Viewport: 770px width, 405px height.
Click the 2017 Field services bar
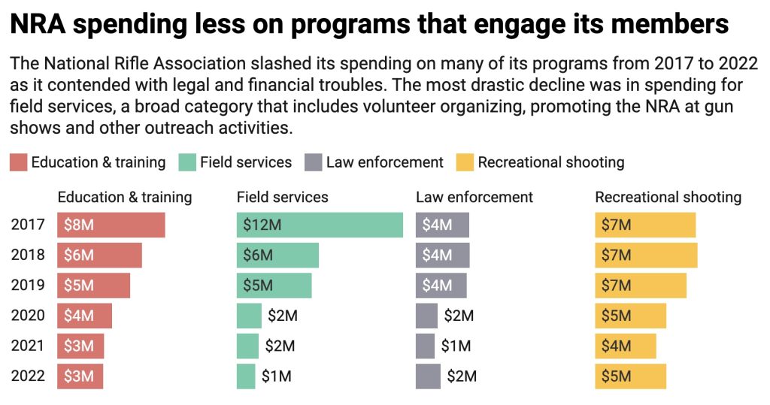pos(320,225)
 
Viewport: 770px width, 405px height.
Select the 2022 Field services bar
pos(246,376)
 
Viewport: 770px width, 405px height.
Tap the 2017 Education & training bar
pos(111,225)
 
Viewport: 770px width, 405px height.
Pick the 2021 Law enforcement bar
pos(425,346)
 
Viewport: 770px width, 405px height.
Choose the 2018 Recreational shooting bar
pos(646,255)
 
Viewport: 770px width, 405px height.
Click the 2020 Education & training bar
pos(84,316)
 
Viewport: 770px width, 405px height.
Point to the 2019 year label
pos(28,286)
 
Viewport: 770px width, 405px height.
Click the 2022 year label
pos(28,376)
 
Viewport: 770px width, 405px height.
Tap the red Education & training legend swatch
pos(19,162)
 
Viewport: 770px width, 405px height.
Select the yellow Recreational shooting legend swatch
pos(465,162)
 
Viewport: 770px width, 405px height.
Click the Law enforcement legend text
pos(385,162)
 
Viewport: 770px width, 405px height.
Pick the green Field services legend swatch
pos(187,162)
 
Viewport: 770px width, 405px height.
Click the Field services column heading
pos(282,198)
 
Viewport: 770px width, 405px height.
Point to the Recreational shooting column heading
pos(668,198)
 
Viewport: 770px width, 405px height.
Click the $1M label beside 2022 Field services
pos(276,376)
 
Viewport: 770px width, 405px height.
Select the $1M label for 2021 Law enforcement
pos(456,346)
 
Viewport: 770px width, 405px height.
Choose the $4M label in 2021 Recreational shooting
pos(616,346)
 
